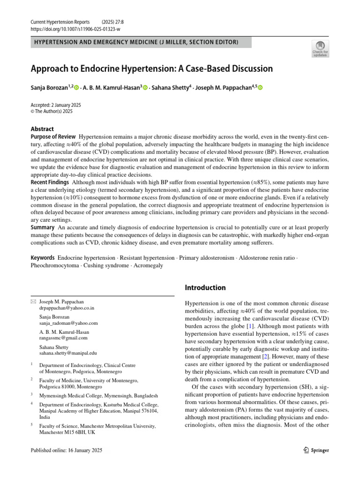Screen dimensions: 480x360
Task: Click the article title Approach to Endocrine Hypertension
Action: pos(151,68)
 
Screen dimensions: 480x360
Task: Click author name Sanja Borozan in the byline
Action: pos(49,88)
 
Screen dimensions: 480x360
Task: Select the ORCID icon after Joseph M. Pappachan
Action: pos(260,88)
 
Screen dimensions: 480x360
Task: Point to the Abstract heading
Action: pos(42,129)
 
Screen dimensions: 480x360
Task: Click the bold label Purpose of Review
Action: pos(52,136)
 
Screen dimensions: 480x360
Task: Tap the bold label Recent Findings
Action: pos(50,182)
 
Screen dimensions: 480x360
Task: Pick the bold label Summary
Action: pos(43,227)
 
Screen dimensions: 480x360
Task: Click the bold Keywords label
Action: pos(43,258)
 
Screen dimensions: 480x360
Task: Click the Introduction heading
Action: pos(205,287)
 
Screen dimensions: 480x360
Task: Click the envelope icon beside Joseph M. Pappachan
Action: pos(33,302)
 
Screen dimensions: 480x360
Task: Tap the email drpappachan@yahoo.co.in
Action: pos(67,308)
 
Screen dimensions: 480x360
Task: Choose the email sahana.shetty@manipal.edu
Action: pos(68,353)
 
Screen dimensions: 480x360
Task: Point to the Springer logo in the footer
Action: pos(314,450)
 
